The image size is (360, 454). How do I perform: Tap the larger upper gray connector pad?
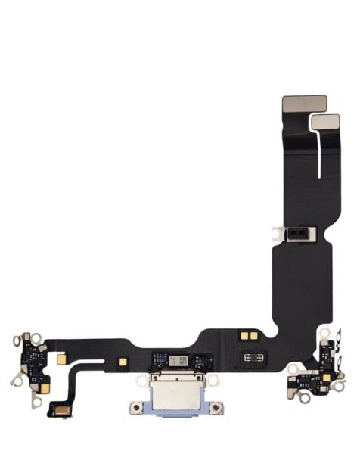[x=303, y=104]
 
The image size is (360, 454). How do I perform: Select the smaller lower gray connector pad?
[x=324, y=121]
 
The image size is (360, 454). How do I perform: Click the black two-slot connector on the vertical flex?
[x=297, y=236]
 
